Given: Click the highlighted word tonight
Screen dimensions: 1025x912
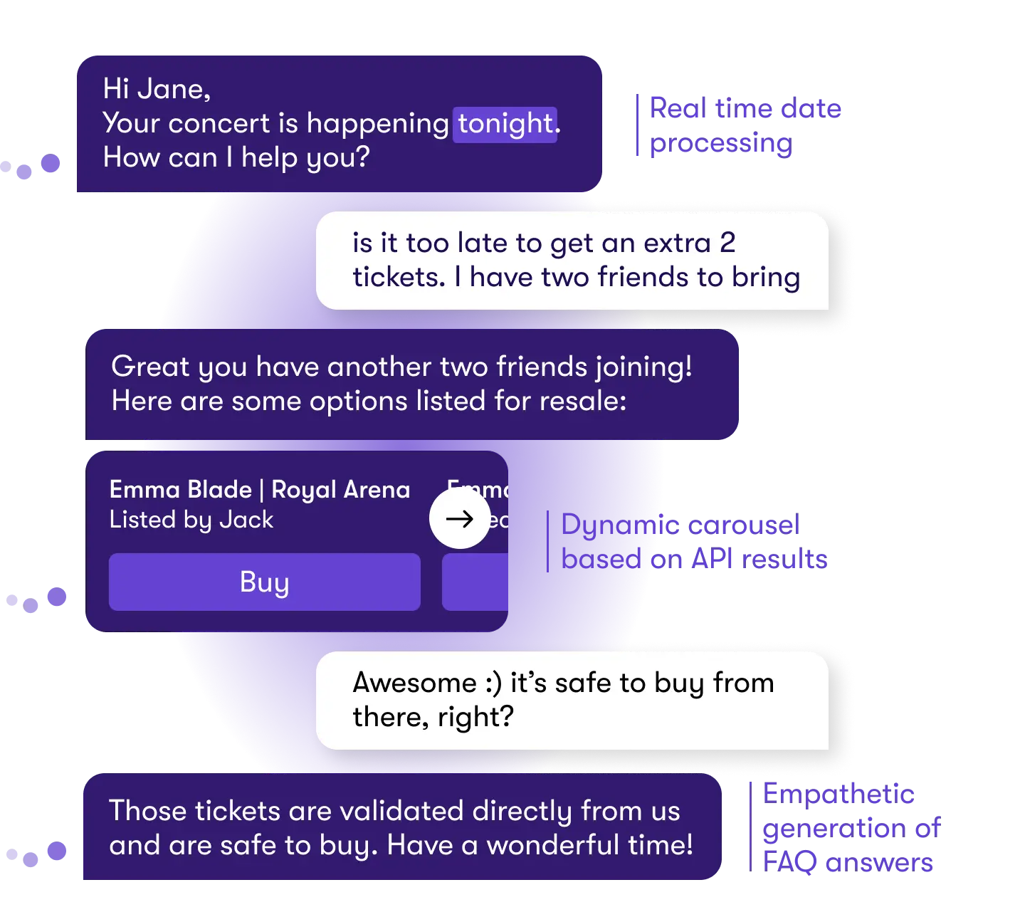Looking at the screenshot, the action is (505, 124).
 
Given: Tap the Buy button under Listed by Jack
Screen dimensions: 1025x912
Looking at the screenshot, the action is (264, 582).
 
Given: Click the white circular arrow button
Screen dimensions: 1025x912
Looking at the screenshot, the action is (460, 519).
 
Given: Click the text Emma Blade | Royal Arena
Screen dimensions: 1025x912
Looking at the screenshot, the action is (260, 490).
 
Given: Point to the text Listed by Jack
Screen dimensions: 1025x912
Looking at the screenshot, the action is (191, 520).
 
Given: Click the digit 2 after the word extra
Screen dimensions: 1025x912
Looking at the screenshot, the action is (727, 243).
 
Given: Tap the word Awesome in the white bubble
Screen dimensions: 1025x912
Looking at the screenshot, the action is (414, 683).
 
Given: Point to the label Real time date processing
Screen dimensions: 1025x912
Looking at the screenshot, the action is (744, 126).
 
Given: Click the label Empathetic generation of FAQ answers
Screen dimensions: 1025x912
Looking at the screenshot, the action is (851, 828).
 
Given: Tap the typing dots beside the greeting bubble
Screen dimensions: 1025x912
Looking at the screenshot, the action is (32, 167).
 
